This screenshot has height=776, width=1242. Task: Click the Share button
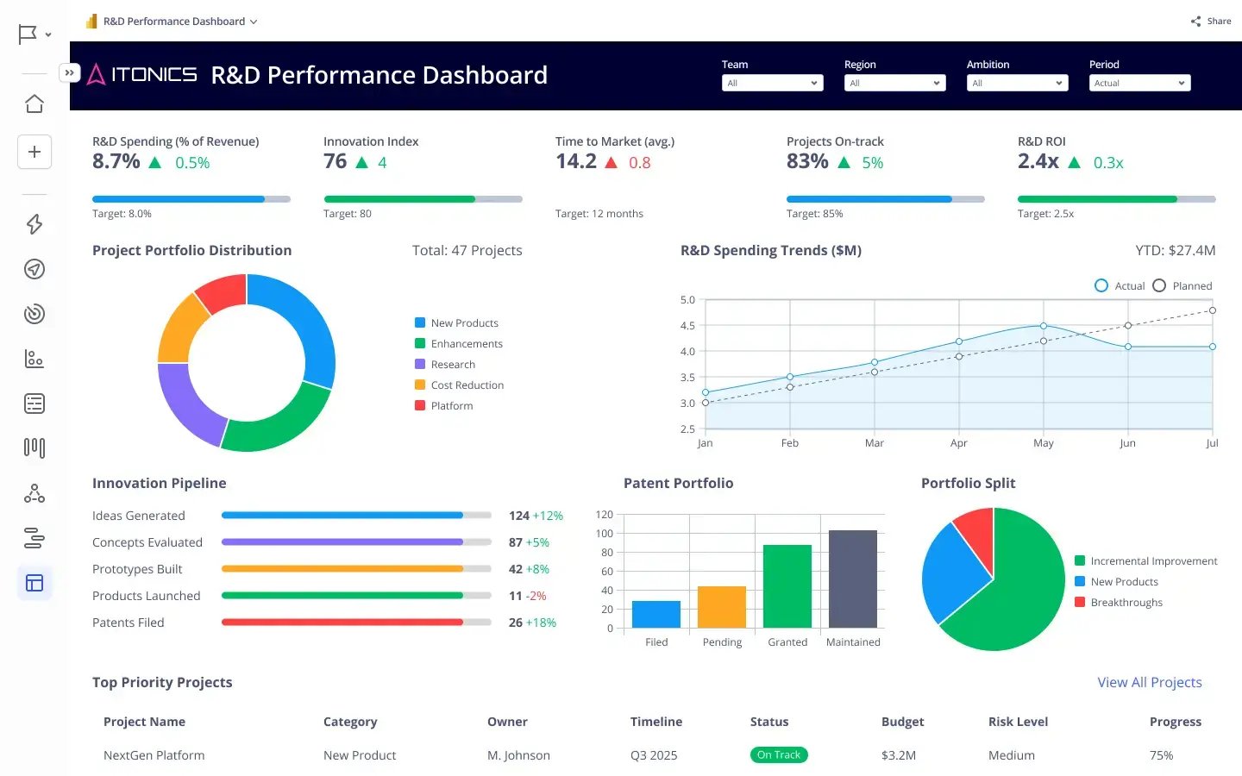pos(1211,21)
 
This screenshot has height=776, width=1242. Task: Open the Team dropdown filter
pos(772,83)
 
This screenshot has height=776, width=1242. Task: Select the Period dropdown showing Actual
pos(1138,83)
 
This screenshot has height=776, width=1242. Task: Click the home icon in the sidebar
pos(34,103)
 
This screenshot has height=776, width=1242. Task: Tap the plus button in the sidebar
pos(34,152)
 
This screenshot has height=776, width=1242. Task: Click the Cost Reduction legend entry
pos(466,385)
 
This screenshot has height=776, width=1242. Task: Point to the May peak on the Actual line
pos(1043,326)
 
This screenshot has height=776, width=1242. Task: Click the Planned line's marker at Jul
pos(1212,310)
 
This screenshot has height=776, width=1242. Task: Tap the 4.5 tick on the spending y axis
pos(687,326)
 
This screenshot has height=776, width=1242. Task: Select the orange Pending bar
pos(721,607)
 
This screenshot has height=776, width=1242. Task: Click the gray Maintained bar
pos(852,579)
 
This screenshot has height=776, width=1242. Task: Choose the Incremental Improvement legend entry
pos(1152,561)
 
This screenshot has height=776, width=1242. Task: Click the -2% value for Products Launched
pos(536,596)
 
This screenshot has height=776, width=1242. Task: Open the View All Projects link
pos(1149,682)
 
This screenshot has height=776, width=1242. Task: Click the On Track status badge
pos(778,755)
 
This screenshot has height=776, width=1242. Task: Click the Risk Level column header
pos(1018,722)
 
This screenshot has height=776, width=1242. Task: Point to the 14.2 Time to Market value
pos(576,161)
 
